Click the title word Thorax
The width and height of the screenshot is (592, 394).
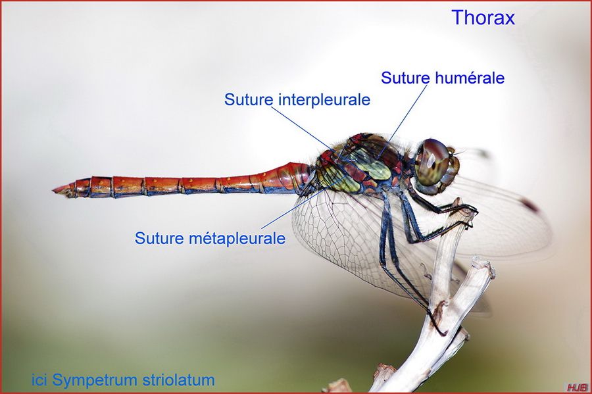click(483, 17)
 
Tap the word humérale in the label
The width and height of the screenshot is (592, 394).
click(470, 78)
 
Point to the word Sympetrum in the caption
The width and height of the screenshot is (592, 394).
click(96, 380)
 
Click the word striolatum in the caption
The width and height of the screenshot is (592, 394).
click(179, 380)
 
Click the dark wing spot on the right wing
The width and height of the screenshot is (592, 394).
click(529, 205)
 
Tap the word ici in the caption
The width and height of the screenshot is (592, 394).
click(39, 380)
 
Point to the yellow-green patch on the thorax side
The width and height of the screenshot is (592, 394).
click(372, 166)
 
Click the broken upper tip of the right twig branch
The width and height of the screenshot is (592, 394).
click(483, 263)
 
